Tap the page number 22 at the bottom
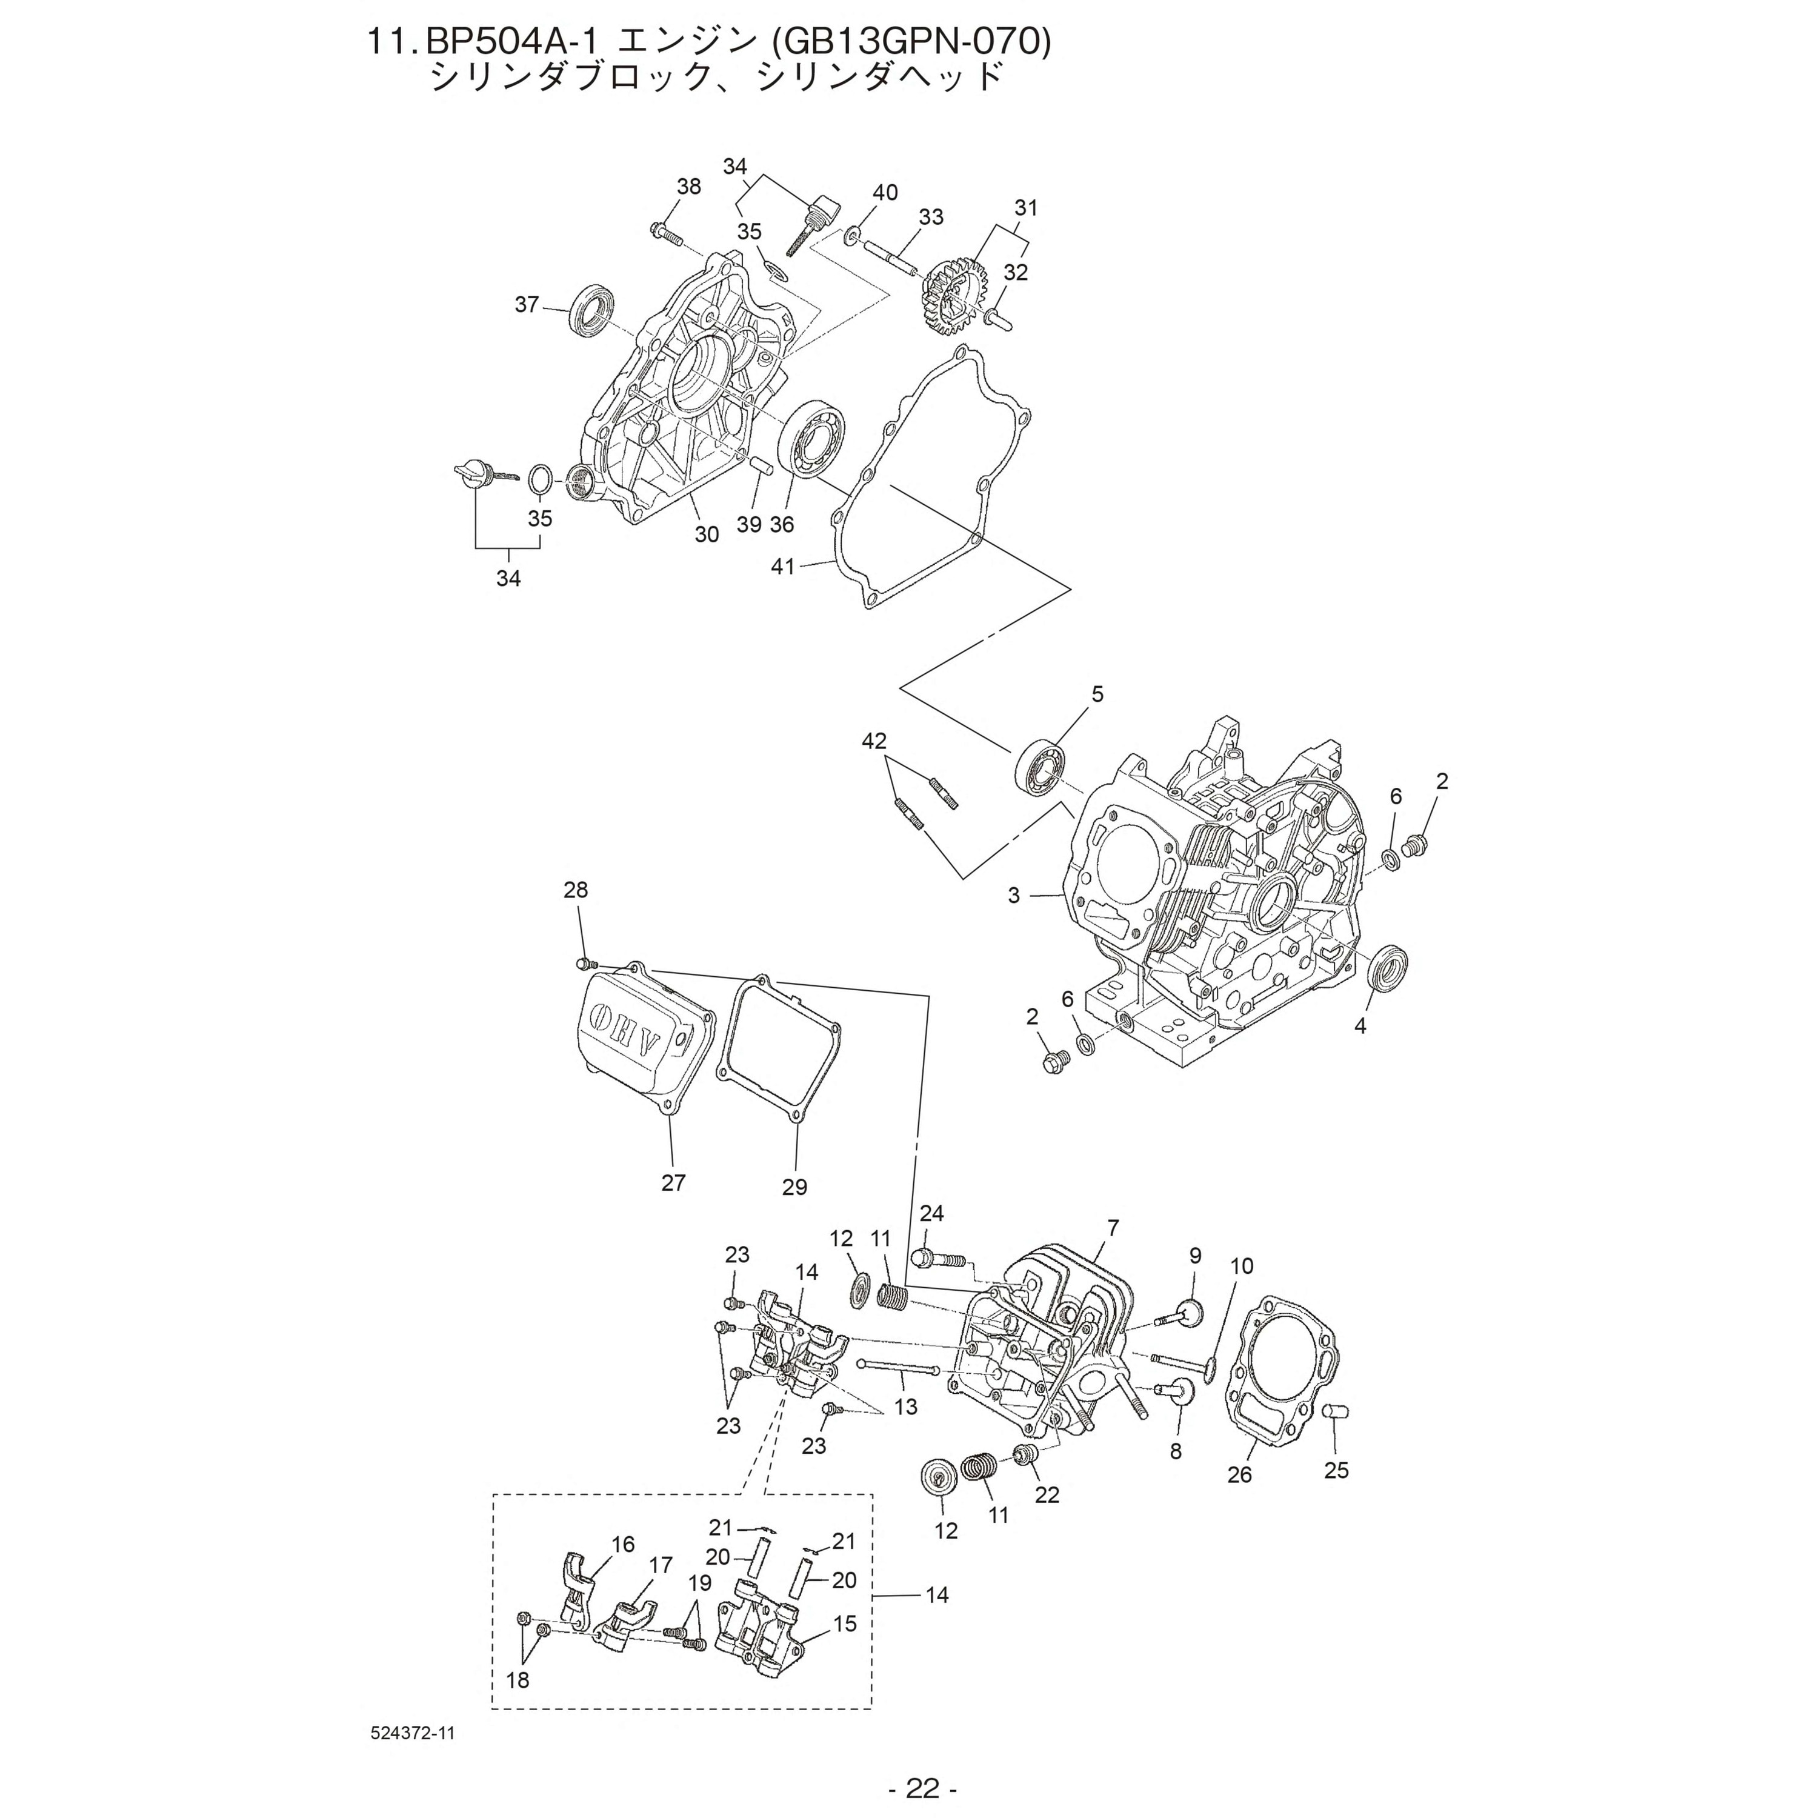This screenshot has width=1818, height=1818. click(x=922, y=1787)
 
